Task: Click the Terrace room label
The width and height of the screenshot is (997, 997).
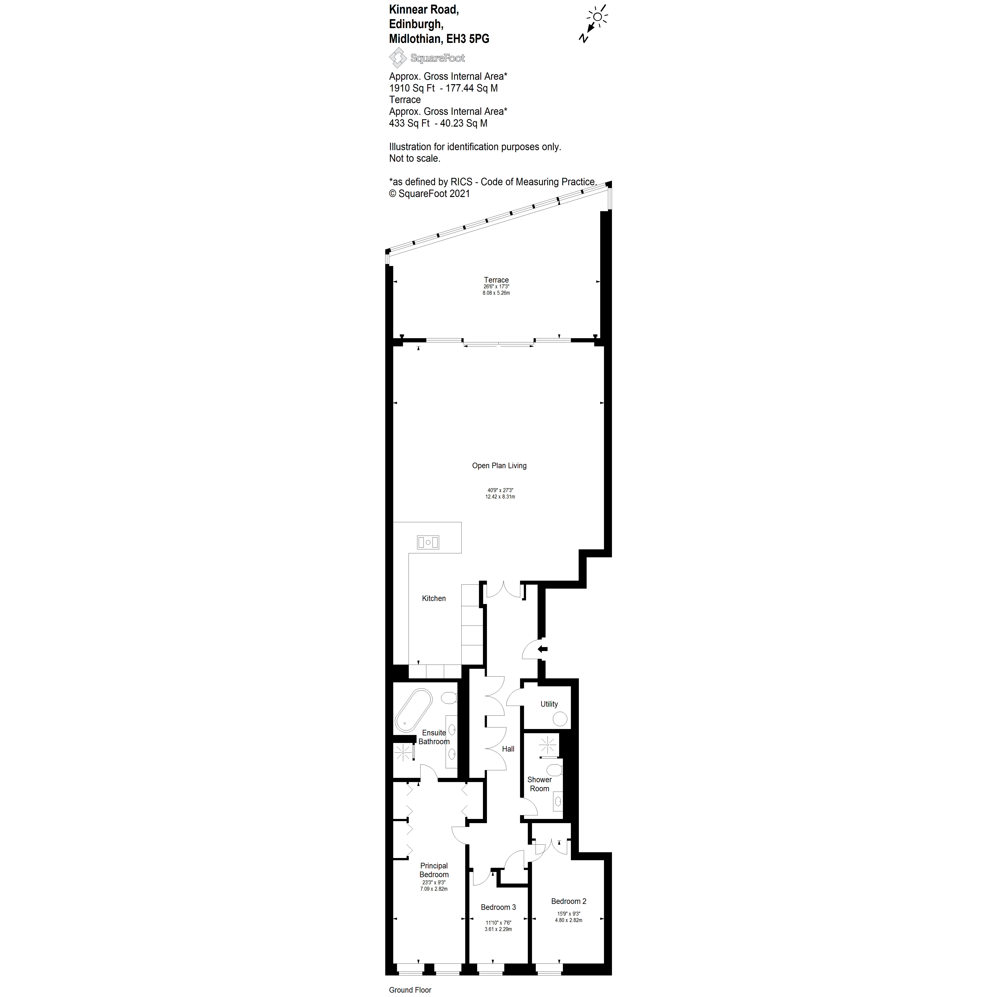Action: [x=496, y=280]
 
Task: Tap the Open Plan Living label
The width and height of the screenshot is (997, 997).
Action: [x=499, y=465]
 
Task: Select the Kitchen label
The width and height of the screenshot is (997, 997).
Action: [x=433, y=598]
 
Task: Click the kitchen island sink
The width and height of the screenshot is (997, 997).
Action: [x=428, y=542]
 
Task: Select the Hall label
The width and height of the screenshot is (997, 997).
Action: [x=508, y=749]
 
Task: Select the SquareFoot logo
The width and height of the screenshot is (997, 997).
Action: [x=427, y=58]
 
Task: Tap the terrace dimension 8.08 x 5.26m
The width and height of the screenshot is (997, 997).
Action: [x=496, y=293]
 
